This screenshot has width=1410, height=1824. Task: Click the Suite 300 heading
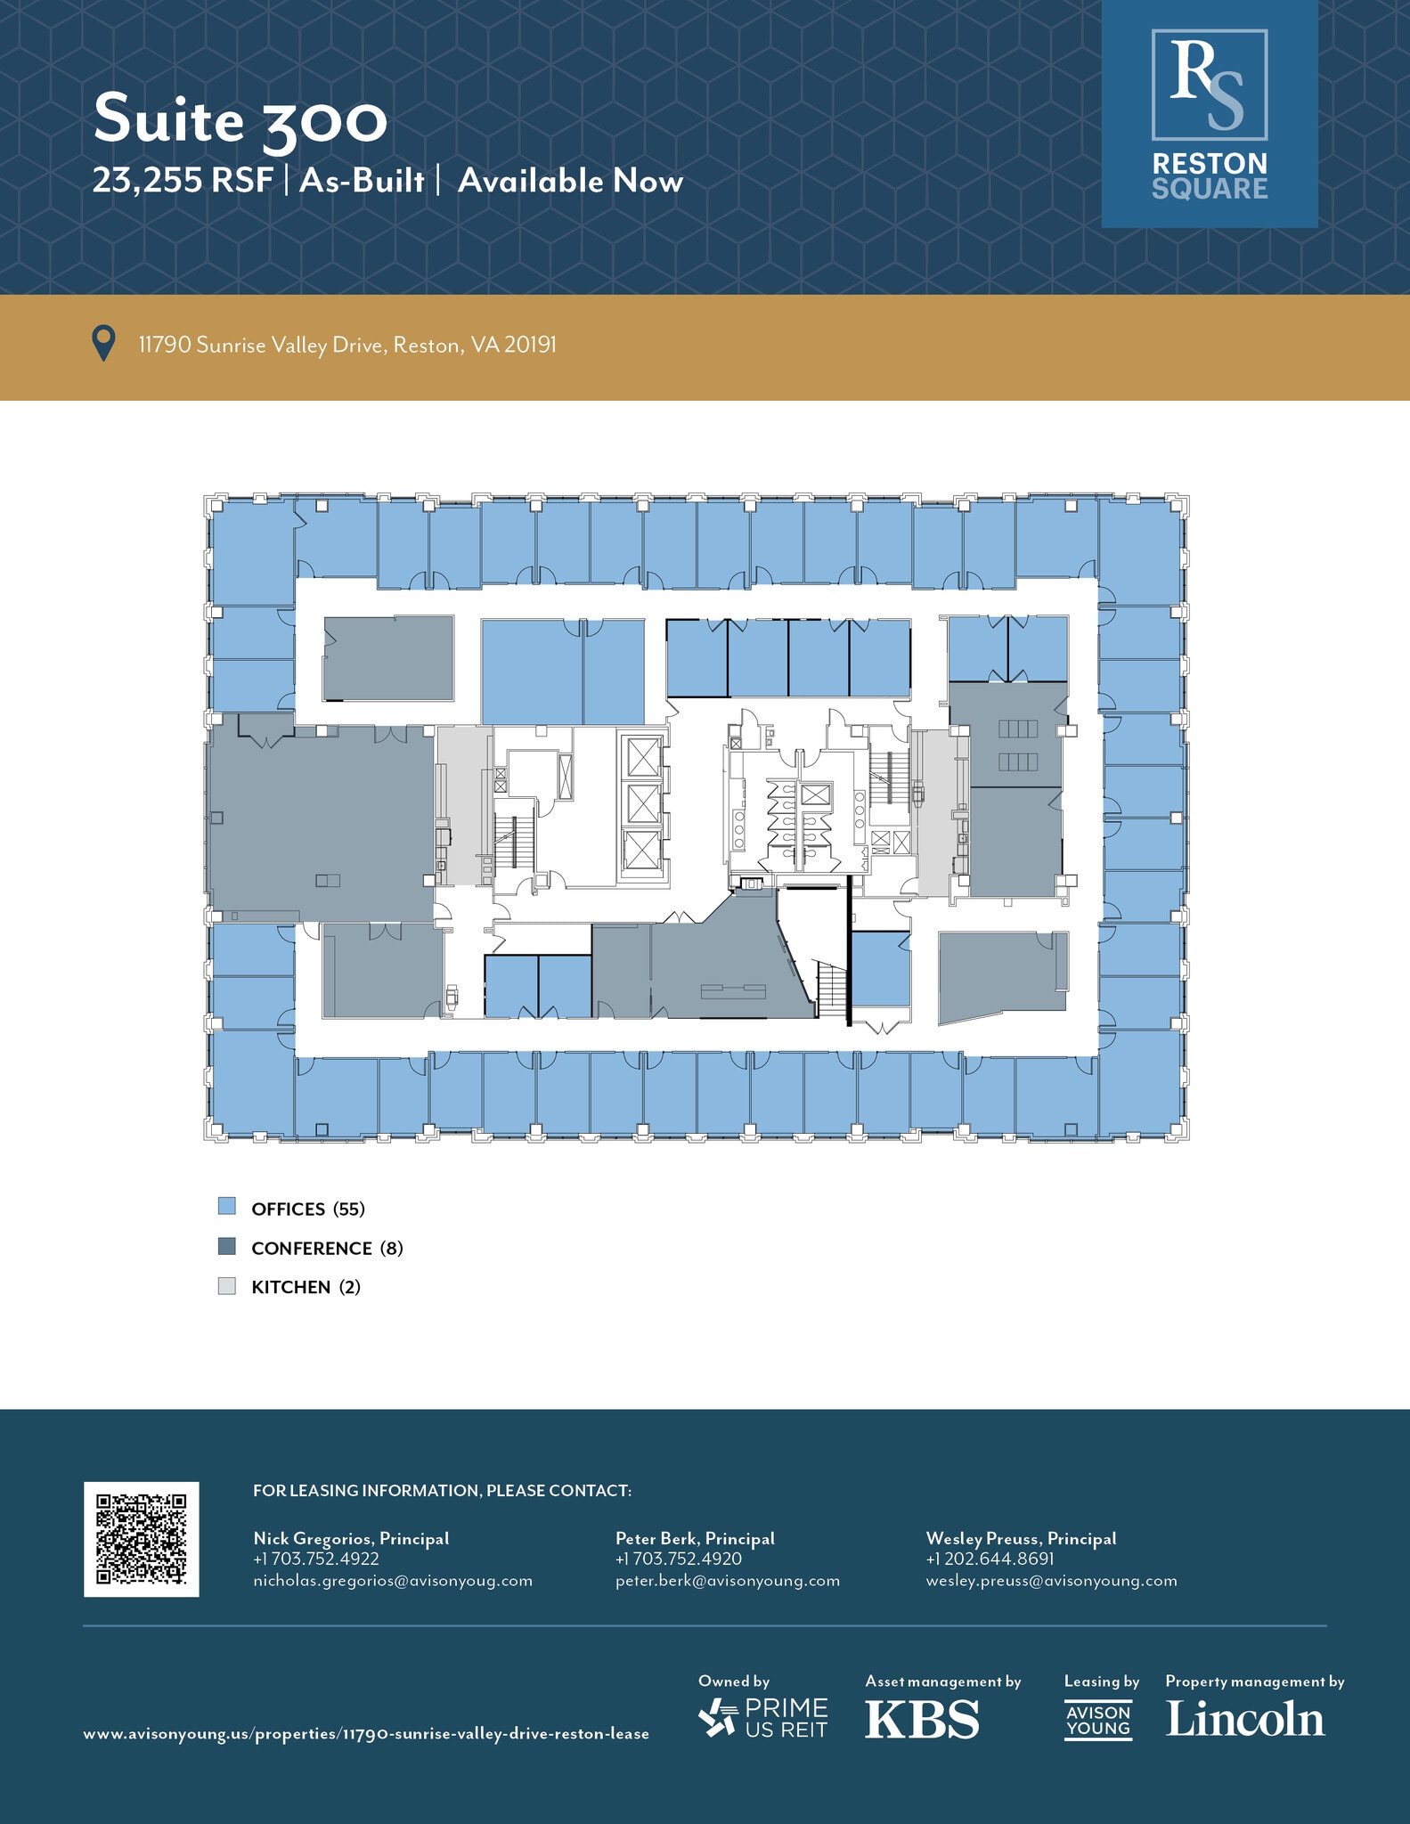240,119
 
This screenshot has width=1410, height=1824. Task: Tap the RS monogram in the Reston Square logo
1209,85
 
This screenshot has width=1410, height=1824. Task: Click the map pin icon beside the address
104,344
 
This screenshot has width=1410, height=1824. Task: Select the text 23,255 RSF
183,181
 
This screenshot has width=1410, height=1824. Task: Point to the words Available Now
570,181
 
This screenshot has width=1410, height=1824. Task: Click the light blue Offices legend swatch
227,1207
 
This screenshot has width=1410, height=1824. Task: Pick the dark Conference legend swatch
227,1246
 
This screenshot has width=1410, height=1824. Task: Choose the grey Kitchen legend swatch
227,1285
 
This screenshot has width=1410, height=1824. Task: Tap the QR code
142,1539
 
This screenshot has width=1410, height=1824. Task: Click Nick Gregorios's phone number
316,1559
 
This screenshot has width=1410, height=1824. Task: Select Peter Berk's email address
727,1581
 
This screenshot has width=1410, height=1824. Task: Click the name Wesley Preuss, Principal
1021,1538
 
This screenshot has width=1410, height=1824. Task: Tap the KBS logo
922,1719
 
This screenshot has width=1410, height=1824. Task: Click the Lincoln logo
1245,1719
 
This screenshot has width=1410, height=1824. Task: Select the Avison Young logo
1098,1720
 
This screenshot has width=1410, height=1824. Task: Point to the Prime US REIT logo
763,1718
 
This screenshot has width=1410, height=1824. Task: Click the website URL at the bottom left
366,1733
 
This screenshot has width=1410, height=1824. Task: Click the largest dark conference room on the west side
321,824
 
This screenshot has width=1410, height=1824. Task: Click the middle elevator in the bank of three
642,803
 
